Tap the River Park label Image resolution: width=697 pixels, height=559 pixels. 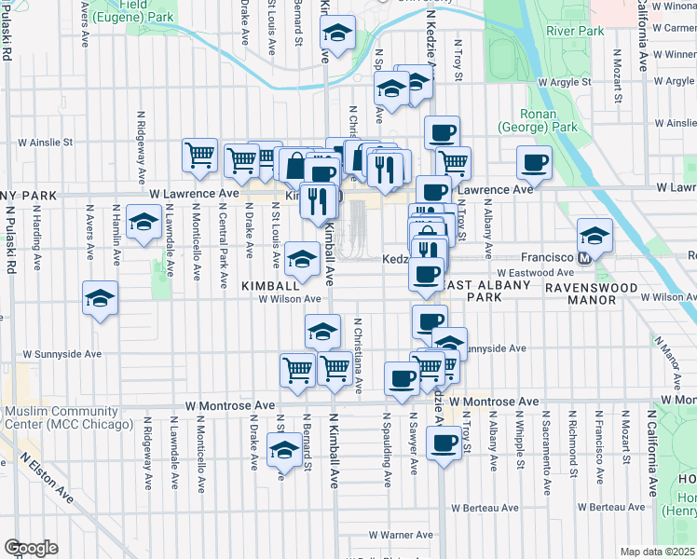pos(576,31)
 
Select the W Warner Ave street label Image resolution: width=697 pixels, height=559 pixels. pos(401,535)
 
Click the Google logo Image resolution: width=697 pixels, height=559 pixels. pos(31,548)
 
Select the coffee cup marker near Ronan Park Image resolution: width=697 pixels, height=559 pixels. pos(535,162)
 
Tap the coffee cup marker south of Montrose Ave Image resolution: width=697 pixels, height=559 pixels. pos(444,441)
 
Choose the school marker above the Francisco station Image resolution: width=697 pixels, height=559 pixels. pos(594,233)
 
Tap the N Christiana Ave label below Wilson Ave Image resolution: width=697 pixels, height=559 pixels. pos(359,354)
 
